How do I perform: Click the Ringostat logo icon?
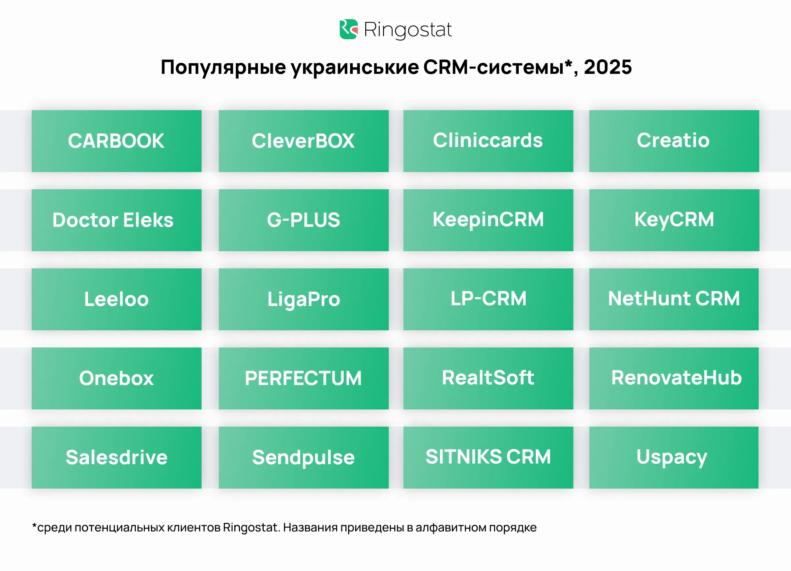348,29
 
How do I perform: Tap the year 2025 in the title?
607,67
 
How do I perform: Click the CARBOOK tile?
116,141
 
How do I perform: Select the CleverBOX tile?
304,141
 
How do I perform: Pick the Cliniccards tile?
488,141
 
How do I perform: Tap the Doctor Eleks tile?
116,220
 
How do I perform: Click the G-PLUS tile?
304,220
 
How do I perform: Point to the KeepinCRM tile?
488,220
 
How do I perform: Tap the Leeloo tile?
116,299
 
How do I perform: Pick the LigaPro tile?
304,299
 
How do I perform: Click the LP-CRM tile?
488,299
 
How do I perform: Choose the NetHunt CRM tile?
674,299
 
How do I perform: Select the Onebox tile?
116,378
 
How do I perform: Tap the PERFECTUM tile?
304,378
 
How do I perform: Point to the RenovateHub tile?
674,378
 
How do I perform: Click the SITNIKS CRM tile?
488,458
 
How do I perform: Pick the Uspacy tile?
674,458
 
